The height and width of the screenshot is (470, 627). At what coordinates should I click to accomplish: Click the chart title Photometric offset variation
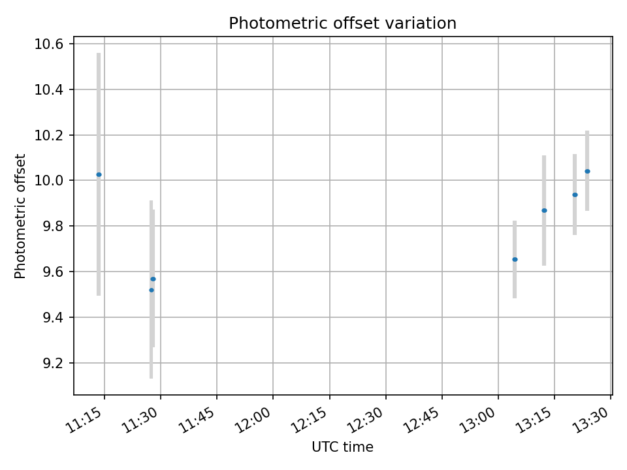pyautogui.click(x=342, y=23)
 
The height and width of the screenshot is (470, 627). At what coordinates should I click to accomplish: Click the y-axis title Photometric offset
pyautogui.click(x=20, y=216)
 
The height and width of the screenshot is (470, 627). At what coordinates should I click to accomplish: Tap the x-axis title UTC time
pyautogui.click(x=342, y=447)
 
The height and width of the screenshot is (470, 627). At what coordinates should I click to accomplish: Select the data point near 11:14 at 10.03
pyautogui.click(x=99, y=174)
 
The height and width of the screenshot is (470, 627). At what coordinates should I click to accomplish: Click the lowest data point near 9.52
pyautogui.click(x=151, y=290)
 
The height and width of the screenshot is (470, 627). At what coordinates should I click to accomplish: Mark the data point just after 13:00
pyautogui.click(x=515, y=259)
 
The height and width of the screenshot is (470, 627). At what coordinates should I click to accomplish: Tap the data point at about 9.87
pyautogui.click(x=544, y=210)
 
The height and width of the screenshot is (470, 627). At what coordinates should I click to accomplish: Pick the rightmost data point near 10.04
pyautogui.click(x=587, y=171)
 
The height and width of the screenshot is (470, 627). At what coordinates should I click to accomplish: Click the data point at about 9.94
pyautogui.click(x=575, y=195)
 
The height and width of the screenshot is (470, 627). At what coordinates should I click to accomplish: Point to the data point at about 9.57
pyautogui.click(x=153, y=279)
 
